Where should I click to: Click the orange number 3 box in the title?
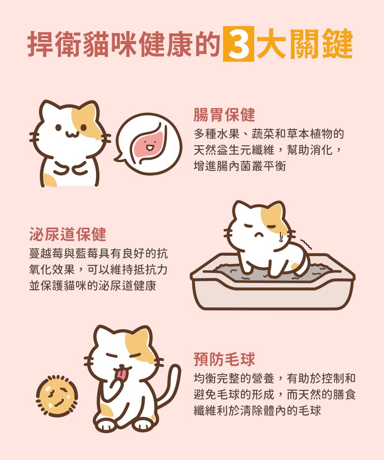(x=238, y=44)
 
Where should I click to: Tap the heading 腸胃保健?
(x=224, y=115)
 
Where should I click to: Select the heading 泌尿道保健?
(x=68, y=234)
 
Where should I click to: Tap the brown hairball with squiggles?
(x=57, y=396)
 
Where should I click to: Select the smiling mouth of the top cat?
(x=72, y=133)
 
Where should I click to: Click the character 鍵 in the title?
(x=338, y=44)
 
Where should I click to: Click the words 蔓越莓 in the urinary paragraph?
(x=46, y=253)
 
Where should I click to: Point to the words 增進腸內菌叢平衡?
(x=240, y=166)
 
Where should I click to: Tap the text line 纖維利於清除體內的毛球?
(x=257, y=411)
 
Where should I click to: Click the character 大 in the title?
(x=271, y=44)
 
